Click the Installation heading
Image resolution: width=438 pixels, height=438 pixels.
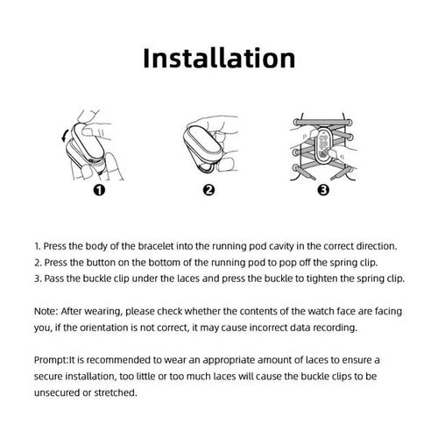point(219,59)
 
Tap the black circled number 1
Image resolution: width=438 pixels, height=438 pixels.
point(99,190)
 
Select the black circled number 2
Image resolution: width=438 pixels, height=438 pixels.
point(208,190)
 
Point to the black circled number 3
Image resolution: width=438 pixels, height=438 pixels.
point(323,190)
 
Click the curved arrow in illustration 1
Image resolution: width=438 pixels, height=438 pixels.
point(65,136)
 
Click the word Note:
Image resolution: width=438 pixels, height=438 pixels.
point(46,311)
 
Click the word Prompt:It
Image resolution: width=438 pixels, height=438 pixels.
point(55,360)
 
